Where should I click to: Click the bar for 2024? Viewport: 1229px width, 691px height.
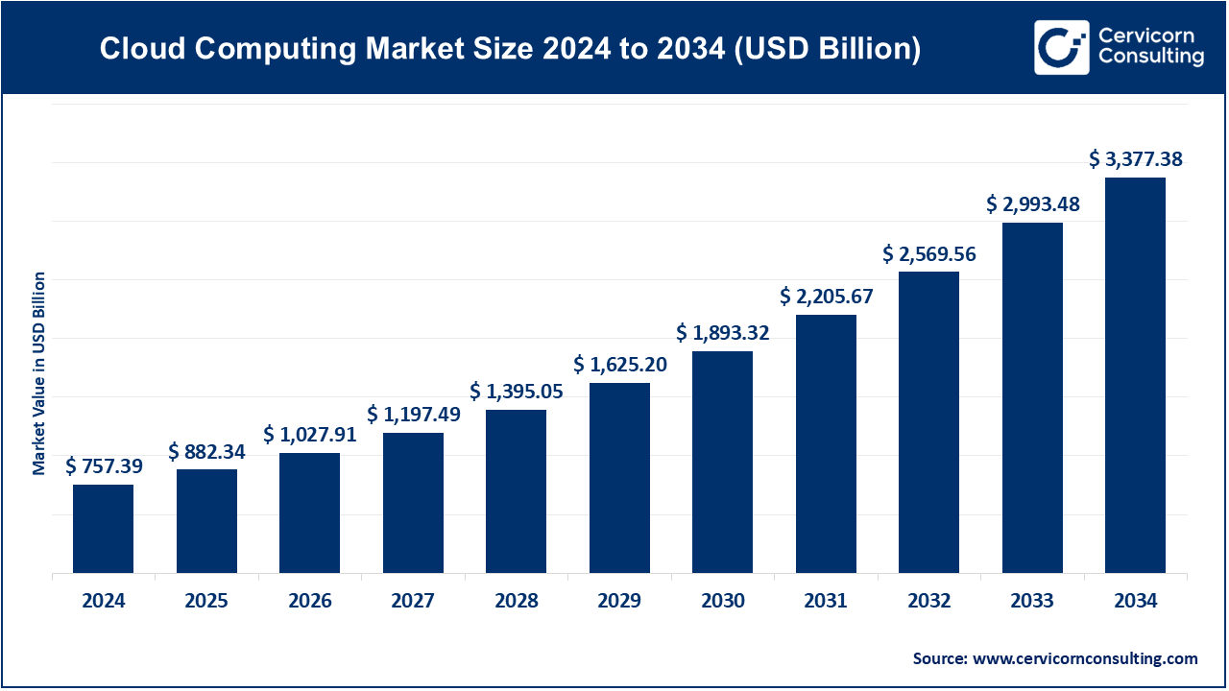tap(104, 529)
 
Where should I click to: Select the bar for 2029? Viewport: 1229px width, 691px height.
tap(619, 478)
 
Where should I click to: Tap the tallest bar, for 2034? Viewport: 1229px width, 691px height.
tap(1135, 375)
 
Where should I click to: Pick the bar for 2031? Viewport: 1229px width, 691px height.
tap(826, 443)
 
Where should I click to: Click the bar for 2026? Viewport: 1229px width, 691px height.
tap(310, 512)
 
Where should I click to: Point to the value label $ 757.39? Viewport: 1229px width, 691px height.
tap(104, 466)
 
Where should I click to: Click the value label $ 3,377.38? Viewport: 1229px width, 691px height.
tap(1135, 159)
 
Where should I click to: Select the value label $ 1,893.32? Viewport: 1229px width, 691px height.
tap(722, 333)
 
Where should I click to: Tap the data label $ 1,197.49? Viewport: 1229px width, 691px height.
tap(413, 415)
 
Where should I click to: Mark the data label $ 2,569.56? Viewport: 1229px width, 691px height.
tap(928, 254)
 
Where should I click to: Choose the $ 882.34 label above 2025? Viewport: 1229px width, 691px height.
tap(206, 451)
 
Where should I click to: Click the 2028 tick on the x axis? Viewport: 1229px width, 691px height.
tap(517, 602)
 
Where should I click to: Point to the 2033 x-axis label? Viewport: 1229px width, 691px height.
tap(1032, 602)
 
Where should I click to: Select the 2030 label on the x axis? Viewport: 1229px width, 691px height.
tap(722, 602)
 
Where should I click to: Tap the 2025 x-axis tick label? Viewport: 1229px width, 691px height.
tap(206, 602)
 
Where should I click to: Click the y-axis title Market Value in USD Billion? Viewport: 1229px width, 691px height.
tap(39, 373)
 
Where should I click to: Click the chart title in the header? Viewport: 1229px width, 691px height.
tap(510, 49)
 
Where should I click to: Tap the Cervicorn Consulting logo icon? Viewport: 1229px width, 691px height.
tap(1061, 47)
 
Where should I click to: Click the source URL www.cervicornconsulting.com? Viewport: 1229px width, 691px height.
tap(1085, 658)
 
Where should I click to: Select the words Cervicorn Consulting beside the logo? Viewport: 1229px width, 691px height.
tap(1150, 47)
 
